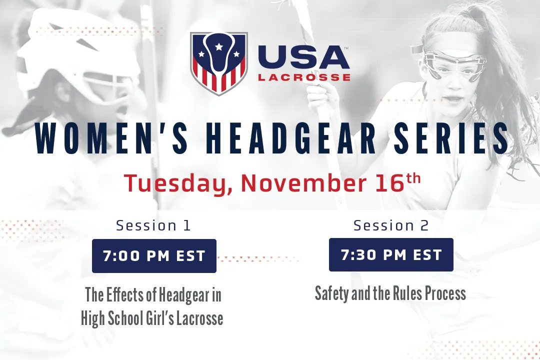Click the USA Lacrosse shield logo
218,63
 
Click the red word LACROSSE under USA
304,77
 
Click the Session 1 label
153,225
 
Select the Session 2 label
391,225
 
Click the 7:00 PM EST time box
154,256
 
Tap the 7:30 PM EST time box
391,255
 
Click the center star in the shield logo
218,46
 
